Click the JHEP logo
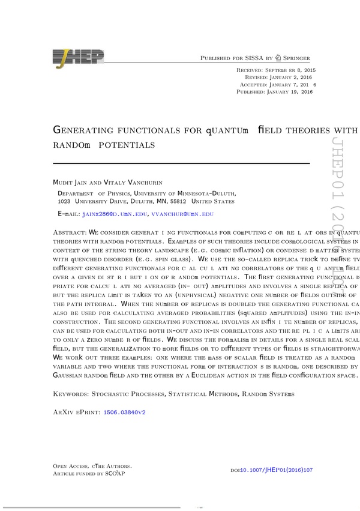tap(78, 58)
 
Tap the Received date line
tap(277, 71)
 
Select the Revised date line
tap(279, 78)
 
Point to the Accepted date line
tap(277, 85)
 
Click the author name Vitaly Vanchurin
tap(130, 182)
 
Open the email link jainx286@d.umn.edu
tap(115, 214)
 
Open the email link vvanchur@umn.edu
tap(182, 214)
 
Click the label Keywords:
tap(70, 394)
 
